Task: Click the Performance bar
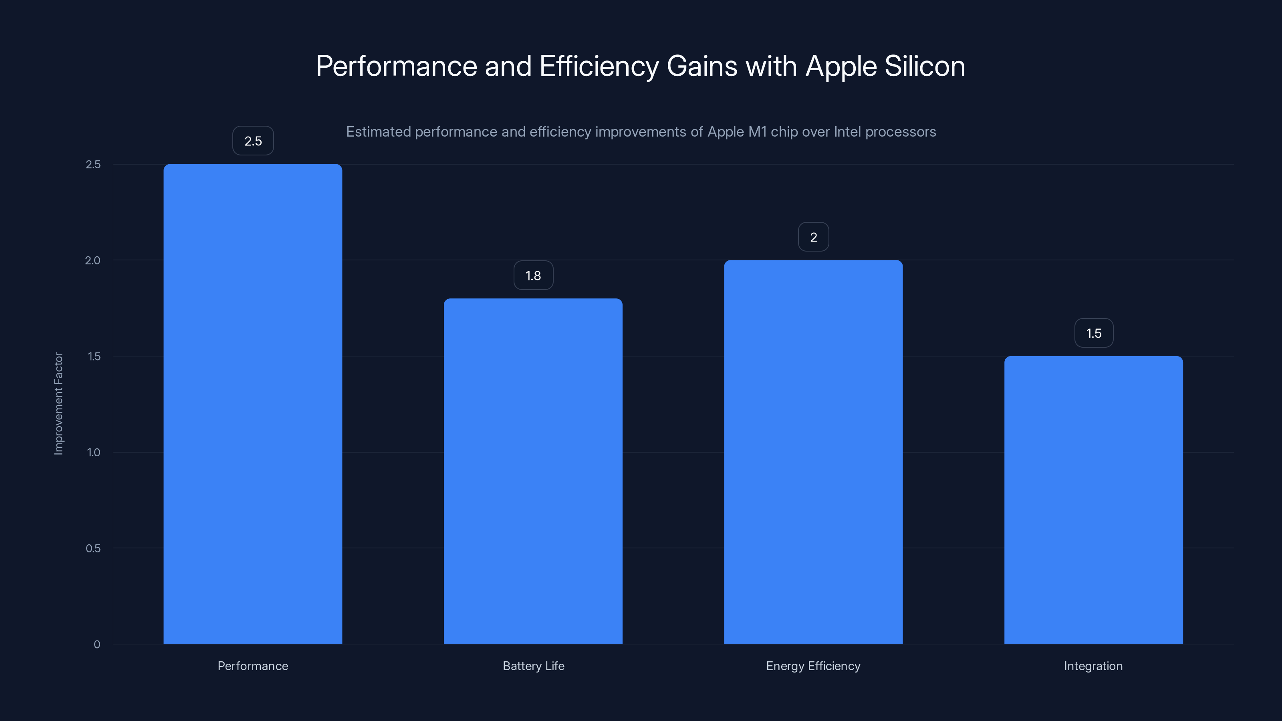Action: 253,403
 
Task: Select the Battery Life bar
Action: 533,471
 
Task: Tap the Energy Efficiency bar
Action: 813,452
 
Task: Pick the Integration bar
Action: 1093,499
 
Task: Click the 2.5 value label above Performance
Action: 253,141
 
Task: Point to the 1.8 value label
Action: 533,276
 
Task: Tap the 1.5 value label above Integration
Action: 1093,333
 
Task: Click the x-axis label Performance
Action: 253,666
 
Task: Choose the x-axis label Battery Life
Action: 533,666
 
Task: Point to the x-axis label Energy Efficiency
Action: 813,666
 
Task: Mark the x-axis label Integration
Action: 1093,666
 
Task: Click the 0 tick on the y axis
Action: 97,644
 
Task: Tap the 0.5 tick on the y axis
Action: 93,548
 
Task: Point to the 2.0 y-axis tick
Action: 93,260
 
